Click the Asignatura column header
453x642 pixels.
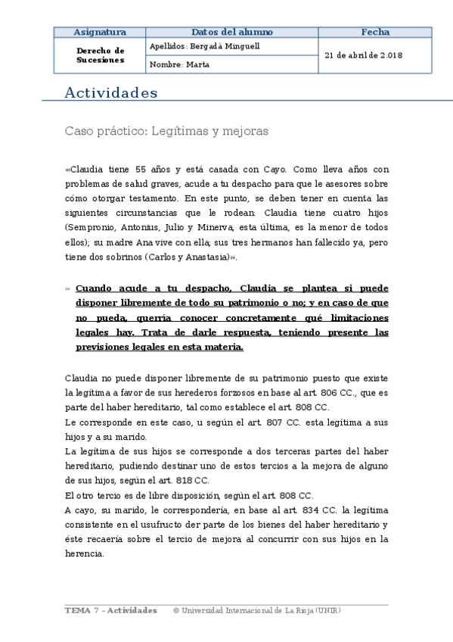[x=100, y=32]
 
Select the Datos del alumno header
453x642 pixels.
[x=232, y=32]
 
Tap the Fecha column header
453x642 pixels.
[x=375, y=32]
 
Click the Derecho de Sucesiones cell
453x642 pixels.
[x=100, y=55]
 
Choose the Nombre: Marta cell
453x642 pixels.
[x=180, y=64]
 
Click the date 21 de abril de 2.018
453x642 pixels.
[x=363, y=55]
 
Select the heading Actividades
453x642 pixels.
[x=111, y=93]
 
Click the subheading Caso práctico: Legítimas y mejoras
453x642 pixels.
[x=166, y=131]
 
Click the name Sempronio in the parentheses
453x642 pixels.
[x=93, y=227]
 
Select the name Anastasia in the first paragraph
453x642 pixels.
[x=202, y=257]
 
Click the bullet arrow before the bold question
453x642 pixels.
[x=68, y=289]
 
